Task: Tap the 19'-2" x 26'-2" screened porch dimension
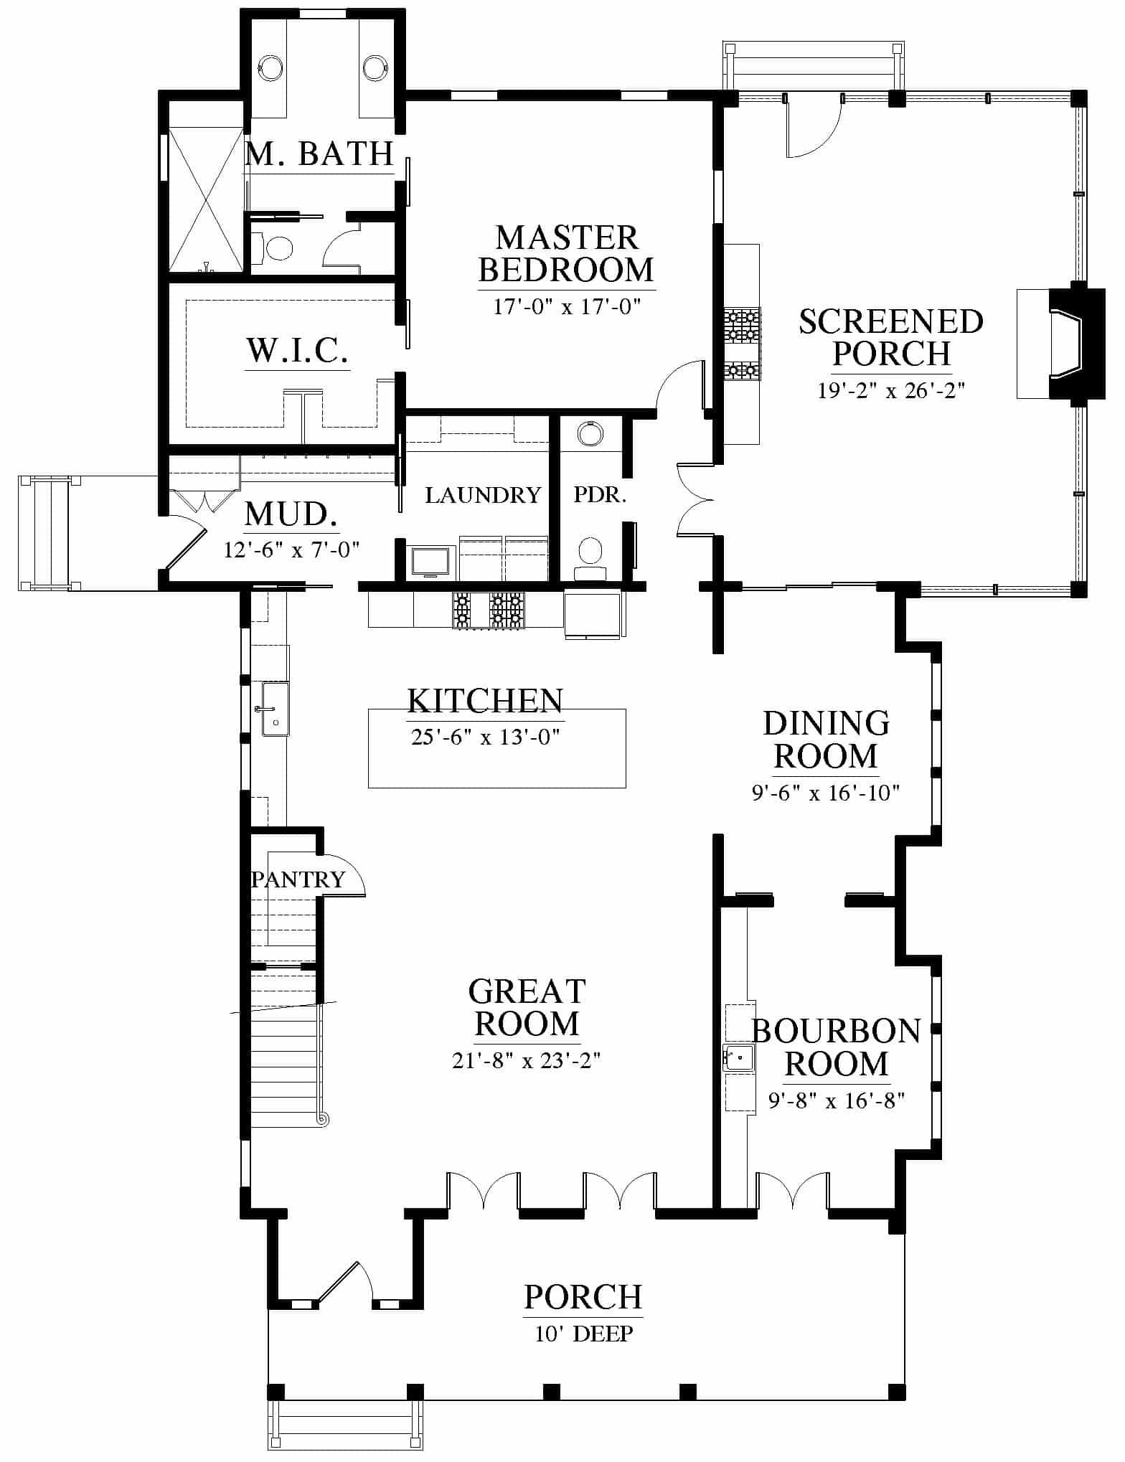[891, 390]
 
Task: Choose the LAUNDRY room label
[483, 495]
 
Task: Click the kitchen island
[496, 748]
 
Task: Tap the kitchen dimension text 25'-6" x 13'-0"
[485, 737]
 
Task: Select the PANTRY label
[298, 879]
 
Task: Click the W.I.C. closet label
[298, 350]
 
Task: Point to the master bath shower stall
[205, 199]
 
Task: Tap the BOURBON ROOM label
[837, 1047]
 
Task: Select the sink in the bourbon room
[738, 1057]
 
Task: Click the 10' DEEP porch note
[584, 1334]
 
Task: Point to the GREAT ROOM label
[527, 1007]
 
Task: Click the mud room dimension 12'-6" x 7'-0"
[291, 550]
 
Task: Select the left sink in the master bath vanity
[270, 67]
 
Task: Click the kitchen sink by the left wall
[275, 709]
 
